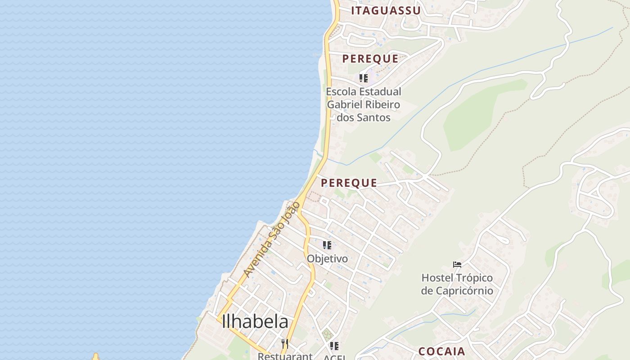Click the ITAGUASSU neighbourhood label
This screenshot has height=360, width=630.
[x=386, y=11]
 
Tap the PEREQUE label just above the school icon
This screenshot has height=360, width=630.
[x=370, y=58]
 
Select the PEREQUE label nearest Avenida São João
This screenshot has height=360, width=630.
[x=349, y=183]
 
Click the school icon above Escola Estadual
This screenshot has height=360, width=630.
[x=364, y=78]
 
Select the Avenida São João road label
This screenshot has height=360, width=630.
[x=271, y=240]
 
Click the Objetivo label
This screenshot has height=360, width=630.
[x=327, y=259]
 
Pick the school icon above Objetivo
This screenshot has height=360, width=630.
[x=327, y=245]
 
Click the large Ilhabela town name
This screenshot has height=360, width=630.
[x=255, y=321]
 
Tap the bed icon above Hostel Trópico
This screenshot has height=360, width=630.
[x=457, y=265]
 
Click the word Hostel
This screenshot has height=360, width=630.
[x=437, y=278]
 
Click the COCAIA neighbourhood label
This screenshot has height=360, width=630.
[x=442, y=351]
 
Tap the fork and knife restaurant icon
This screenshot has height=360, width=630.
[x=284, y=344]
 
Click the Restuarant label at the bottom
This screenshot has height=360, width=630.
[x=285, y=356]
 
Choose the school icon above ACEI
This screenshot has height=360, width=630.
[x=334, y=346]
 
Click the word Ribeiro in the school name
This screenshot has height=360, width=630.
[x=382, y=105]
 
